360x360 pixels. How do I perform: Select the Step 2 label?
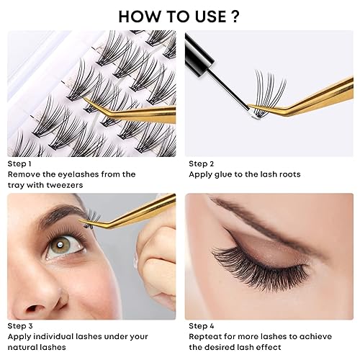point(203,163)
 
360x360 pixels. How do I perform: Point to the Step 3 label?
point(21,326)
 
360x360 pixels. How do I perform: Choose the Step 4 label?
point(203,326)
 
